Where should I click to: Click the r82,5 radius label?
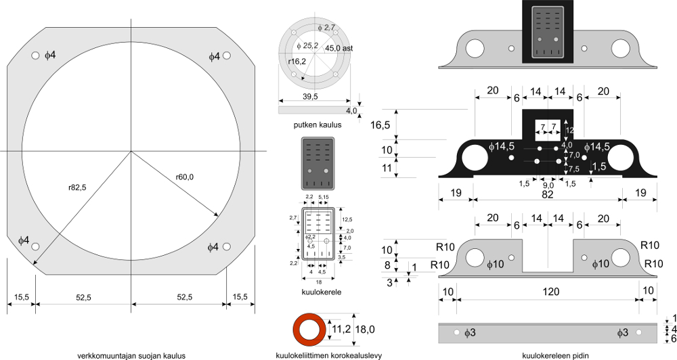(x=77, y=187)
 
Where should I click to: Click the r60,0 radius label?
(x=184, y=177)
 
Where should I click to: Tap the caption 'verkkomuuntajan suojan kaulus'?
(x=131, y=355)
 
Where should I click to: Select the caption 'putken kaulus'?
(x=318, y=125)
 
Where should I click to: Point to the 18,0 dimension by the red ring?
(x=366, y=330)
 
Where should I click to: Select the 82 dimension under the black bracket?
(x=548, y=194)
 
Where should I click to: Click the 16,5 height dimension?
(x=380, y=125)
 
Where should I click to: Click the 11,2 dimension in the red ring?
(x=341, y=330)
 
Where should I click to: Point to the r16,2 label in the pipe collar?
(x=297, y=62)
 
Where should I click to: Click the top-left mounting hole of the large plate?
(x=35, y=55)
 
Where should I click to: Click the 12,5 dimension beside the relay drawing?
(x=348, y=220)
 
